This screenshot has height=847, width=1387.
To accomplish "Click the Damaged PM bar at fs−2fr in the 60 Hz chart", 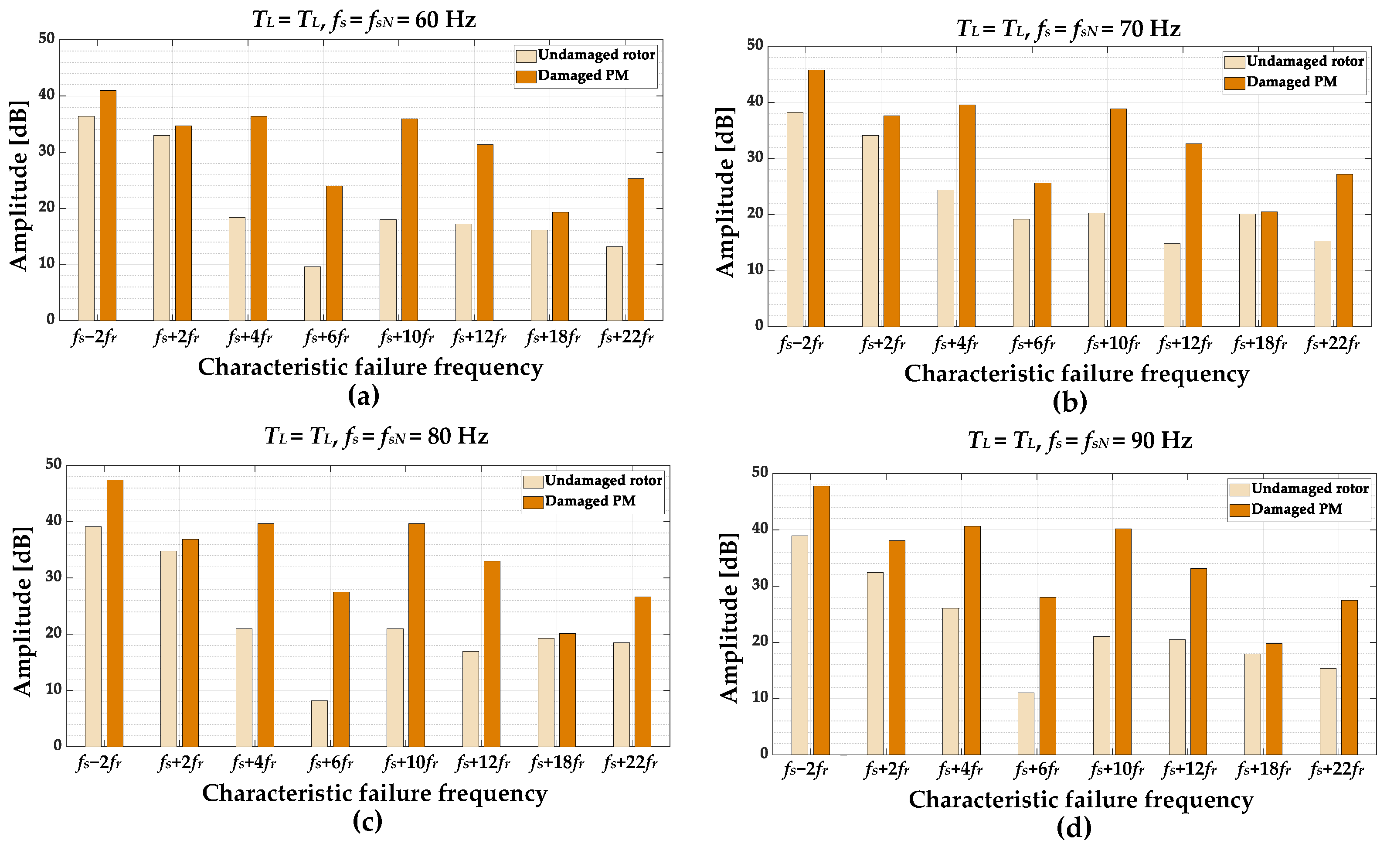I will pyautogui.click(x=108, y=205).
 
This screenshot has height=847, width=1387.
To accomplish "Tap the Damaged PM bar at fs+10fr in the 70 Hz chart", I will pyautogui.click(x=1118, y=218).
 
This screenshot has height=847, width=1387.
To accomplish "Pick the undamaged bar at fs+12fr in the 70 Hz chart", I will pyautogui.click(x=1172, y=285).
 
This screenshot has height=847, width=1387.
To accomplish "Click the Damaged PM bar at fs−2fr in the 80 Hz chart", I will pyautogui.click(x=115, y=613).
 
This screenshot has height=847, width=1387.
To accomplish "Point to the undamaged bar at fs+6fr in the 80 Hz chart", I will pyautogui.click(x=319, y=724).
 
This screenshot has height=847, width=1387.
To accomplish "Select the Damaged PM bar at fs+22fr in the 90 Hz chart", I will pyautogui.click(x=1349, y=677).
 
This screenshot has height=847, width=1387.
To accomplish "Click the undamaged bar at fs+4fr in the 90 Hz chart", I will pyautogui.click(x=951, y=681).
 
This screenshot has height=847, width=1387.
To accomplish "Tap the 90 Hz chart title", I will pyautogui.click(x=1079, y=441).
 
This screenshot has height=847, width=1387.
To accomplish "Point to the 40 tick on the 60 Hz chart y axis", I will pyautogui.click(x=47, y=95).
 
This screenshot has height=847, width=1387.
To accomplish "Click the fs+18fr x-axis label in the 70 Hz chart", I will pyautogui.click(x=1259, y=344).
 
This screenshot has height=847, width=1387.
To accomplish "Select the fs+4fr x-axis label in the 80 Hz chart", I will pyautogui.click(x=253, y=763).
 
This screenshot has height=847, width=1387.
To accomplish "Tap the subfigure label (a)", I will pyautogui.click(x=364, y=395).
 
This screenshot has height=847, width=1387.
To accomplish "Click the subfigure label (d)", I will pyautogui.click(x=1074, y=828).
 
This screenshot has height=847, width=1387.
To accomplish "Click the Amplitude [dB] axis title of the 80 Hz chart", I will pyautogui.click(x=23, y=611).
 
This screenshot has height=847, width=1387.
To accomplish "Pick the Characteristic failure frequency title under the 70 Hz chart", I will pyautogui.click(x=1076, y=374).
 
